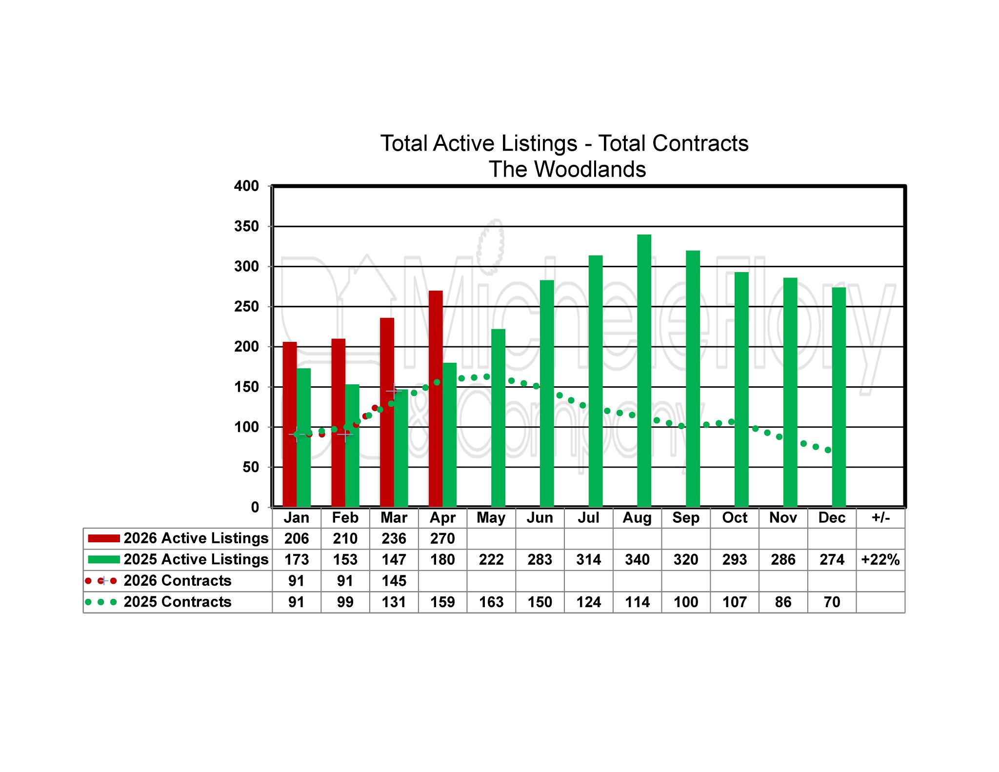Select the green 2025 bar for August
pos(644,371)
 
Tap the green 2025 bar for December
pos(839,397)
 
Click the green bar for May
pos(498,418)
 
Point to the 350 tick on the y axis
pos(246,226)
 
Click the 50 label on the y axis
pos(251,467)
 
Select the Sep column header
pos(685,517)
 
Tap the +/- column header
pos(880,517)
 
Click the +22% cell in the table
pos(880,559)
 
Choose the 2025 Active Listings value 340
pos(637,559)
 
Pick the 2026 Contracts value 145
pos(394,581)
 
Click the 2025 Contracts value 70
pos(832,602)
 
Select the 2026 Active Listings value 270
pos(442,538)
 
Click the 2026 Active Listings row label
pos(196,538)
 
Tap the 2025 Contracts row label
pos(177,602)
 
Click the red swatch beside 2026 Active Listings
pos(103,538)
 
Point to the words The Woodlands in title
pos(567,169)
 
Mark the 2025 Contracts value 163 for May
pos(491,602)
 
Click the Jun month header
pos(539,517)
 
